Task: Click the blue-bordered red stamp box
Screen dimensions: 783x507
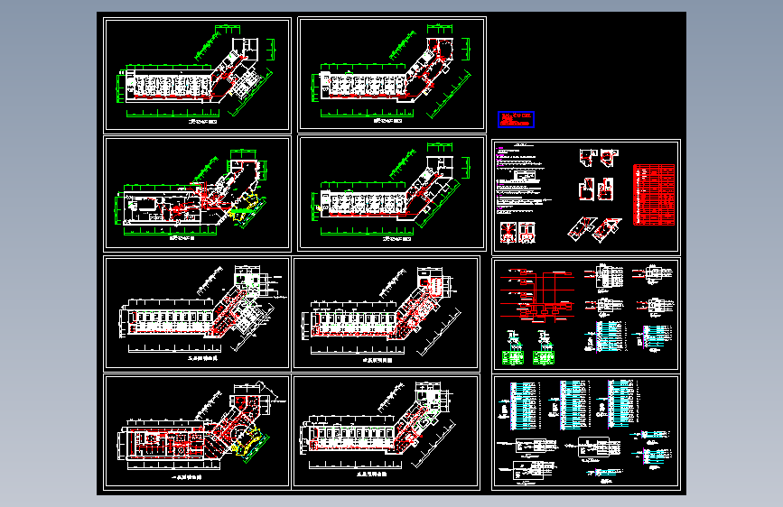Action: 516,119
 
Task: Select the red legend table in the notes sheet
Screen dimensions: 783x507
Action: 654,193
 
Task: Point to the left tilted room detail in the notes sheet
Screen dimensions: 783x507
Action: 578,230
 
